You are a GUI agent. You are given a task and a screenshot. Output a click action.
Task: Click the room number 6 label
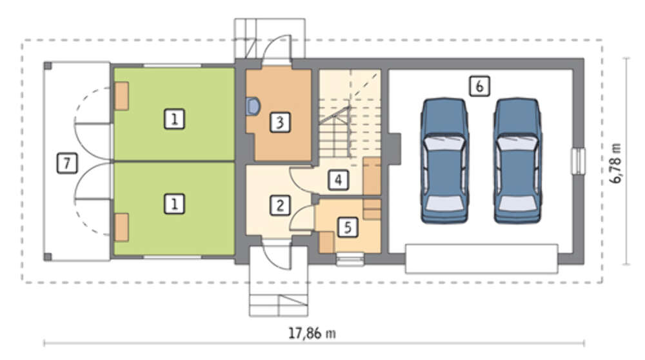[479, 86]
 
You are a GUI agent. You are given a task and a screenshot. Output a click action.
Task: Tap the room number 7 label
[66, 163]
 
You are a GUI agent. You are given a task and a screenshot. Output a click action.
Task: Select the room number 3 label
[280, 122]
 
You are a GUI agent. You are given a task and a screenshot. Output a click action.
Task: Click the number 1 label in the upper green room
[174, 119]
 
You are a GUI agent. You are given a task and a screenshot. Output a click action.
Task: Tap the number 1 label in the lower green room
[174, 204]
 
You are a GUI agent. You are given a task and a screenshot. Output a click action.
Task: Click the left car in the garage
[444, 161]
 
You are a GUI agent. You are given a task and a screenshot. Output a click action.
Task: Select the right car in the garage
[517, 161]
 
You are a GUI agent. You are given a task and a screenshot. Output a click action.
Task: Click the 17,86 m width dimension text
[312, 333]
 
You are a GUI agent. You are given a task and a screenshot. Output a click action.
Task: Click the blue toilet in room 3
[253, 106]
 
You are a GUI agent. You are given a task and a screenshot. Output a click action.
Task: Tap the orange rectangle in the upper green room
[121, 96]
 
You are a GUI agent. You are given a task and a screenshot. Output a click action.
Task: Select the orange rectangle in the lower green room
[121, 227]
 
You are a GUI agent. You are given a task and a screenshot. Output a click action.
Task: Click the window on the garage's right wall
[578, 161]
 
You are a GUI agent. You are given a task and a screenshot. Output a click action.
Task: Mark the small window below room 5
[350, 259]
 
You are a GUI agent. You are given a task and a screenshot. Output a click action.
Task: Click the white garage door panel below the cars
[481, 259]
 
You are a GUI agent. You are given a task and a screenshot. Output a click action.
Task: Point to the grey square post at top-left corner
[48, 65]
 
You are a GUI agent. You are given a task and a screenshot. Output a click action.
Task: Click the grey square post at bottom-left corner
[48, 257]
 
